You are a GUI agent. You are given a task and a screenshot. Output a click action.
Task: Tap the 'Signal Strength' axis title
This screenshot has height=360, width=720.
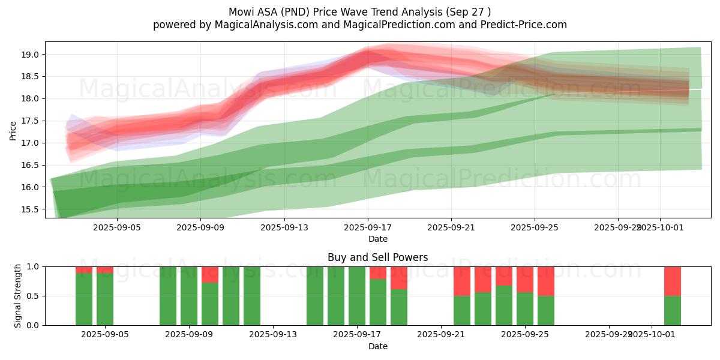pos(18,296)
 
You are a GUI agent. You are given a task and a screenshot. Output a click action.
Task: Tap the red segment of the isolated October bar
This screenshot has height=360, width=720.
pos(673,281)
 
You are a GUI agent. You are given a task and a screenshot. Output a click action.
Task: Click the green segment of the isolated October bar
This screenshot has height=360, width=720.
pos(673,310)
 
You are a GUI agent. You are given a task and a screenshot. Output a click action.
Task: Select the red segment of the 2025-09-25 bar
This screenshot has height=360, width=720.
pos(525,279)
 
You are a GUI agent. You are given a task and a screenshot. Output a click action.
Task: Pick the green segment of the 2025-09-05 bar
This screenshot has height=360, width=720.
pos(105,299)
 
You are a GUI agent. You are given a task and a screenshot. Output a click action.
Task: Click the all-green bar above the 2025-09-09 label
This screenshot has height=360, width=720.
pos(189,296)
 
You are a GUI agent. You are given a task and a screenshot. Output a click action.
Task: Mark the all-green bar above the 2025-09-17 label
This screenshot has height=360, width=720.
pos(357,296)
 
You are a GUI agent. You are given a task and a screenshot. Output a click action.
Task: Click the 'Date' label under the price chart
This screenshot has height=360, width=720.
pos(378,239)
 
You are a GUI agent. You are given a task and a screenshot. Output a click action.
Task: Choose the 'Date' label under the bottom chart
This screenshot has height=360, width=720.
pos(378,346)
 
